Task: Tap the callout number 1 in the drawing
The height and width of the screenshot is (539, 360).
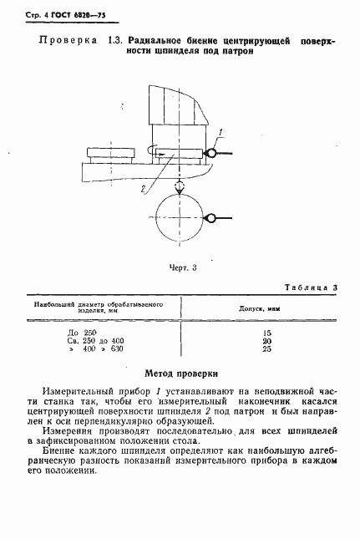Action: (220, 131)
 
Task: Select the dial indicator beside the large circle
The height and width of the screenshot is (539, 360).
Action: (212, 218)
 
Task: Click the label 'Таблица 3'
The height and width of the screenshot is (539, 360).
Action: (309, 288)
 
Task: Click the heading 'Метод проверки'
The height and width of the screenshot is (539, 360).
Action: (180, 374)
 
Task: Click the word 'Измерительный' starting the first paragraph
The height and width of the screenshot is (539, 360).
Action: (78, 391)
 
